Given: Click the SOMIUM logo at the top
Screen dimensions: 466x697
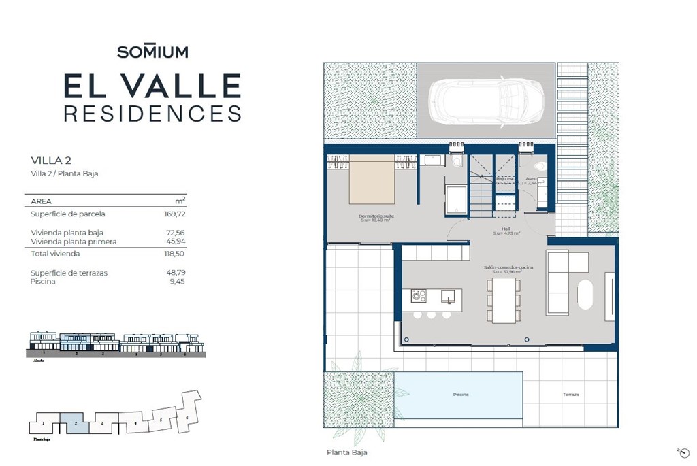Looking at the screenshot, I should pos(152,52).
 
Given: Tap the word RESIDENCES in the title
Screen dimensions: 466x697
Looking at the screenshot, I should pos(152,113).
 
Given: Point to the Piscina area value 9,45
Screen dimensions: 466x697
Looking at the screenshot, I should pos(176,282).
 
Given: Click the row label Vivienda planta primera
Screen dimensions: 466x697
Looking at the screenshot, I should pos(74,242).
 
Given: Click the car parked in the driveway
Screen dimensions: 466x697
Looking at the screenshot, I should pos(485,102).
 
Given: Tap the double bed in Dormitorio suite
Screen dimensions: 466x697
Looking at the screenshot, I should pos(372,180).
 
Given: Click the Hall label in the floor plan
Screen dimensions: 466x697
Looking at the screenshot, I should pos(506,229).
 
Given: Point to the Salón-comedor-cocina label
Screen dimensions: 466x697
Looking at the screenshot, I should pos(508,268).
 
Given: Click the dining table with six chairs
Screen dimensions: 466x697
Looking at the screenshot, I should pos(504,300).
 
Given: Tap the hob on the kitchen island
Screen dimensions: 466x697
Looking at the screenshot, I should pos(419,296).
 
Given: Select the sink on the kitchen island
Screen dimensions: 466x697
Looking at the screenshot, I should pos(448,296).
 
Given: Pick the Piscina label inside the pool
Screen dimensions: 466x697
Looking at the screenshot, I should pos(461,395).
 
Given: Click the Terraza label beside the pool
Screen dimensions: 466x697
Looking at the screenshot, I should pos(570,395).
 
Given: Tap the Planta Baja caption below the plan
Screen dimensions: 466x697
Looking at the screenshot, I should pos(346,452).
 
